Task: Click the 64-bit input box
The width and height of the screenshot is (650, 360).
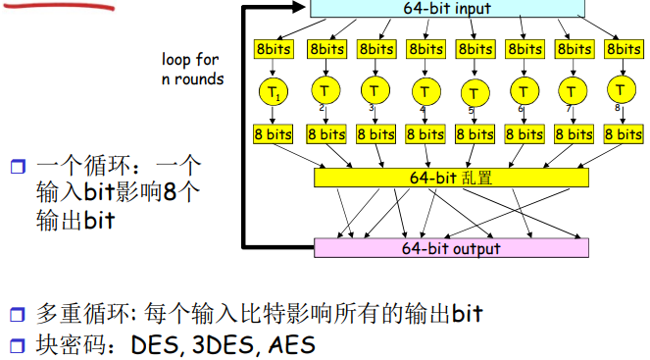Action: [x=447, y=9]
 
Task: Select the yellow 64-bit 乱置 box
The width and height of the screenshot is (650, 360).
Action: [x=451, y=178]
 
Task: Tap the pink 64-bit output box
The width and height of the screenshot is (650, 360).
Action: [x=451, y=248]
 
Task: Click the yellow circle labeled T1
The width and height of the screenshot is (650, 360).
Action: [x=275, y=92]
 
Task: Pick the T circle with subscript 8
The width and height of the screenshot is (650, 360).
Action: [x=622, y=91]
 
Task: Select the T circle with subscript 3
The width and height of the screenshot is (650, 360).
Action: [x=375, y=91]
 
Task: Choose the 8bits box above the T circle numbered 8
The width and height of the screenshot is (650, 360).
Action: [x=622, y=48]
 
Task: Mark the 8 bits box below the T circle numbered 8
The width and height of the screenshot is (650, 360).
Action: [x=622, y=134]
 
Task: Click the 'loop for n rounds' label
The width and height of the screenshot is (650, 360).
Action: [x=193, y=69]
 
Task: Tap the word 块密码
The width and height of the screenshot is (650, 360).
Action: [x=66, y=345]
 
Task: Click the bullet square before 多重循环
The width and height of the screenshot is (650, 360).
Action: [x=16, y=316]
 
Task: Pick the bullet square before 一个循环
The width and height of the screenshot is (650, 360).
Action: [x=16, y=167]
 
